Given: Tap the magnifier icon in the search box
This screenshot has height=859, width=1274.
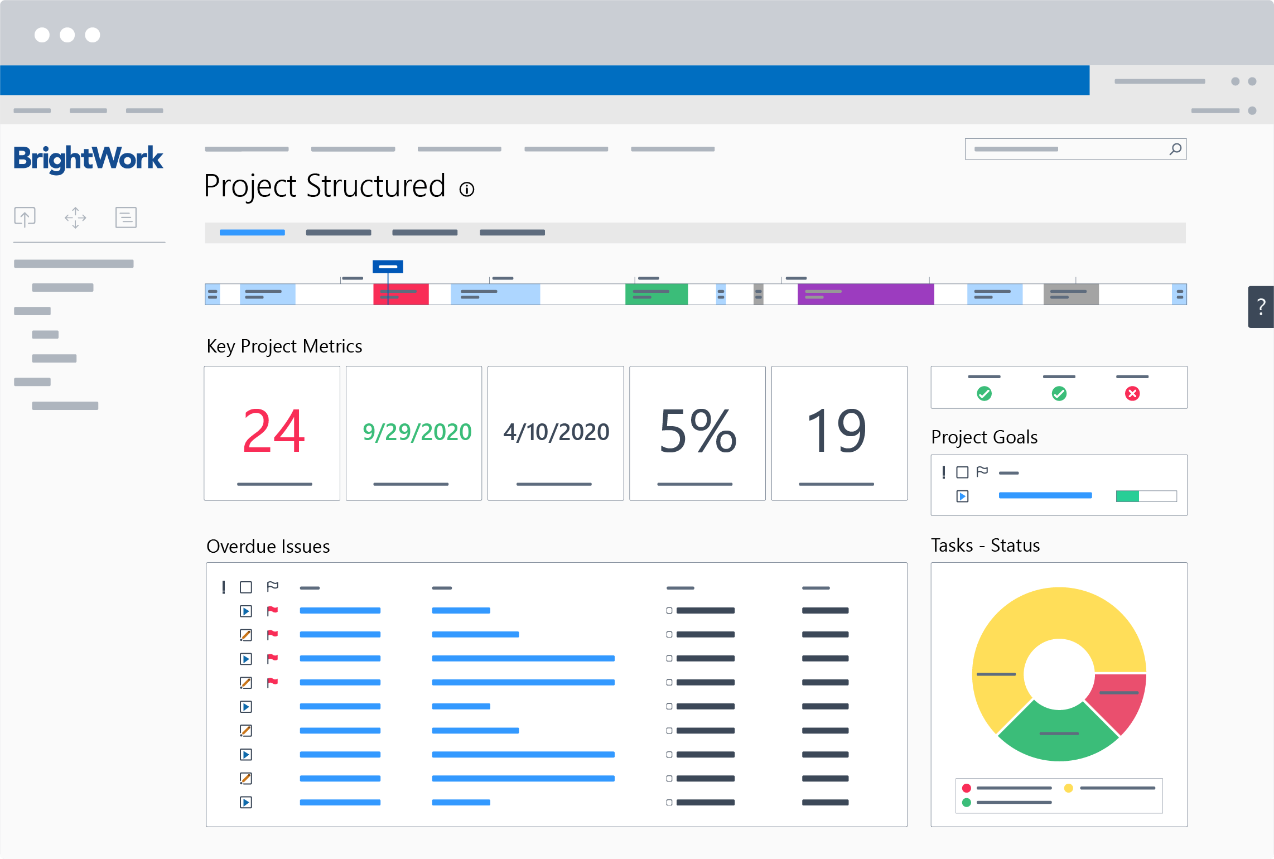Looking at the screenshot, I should [1175, 149].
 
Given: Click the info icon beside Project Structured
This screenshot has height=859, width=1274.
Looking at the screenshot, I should [467, 190].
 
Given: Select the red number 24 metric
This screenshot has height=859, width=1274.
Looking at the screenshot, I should [273, 431].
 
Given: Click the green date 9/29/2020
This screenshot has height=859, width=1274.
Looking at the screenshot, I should [417, 432].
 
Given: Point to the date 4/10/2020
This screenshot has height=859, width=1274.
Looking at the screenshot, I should [556, 432].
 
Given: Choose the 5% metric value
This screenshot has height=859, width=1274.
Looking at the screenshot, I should [697, 431].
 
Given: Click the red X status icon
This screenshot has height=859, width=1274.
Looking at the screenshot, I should [1132, 394].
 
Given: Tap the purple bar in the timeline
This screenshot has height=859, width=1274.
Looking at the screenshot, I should [866, 294].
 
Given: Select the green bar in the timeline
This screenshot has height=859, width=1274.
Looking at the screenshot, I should [657, 294].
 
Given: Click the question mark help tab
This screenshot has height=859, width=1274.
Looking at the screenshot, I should [1261, 307].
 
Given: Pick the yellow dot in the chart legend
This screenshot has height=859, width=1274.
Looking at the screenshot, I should [1068, 788].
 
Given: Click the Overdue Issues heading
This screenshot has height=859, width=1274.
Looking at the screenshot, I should [268, 547].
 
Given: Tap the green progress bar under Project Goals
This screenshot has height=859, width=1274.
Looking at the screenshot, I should [1127, 496].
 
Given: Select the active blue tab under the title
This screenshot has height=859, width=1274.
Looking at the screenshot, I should [252, 233].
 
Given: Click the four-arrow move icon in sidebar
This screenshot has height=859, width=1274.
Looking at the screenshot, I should [75, 218].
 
